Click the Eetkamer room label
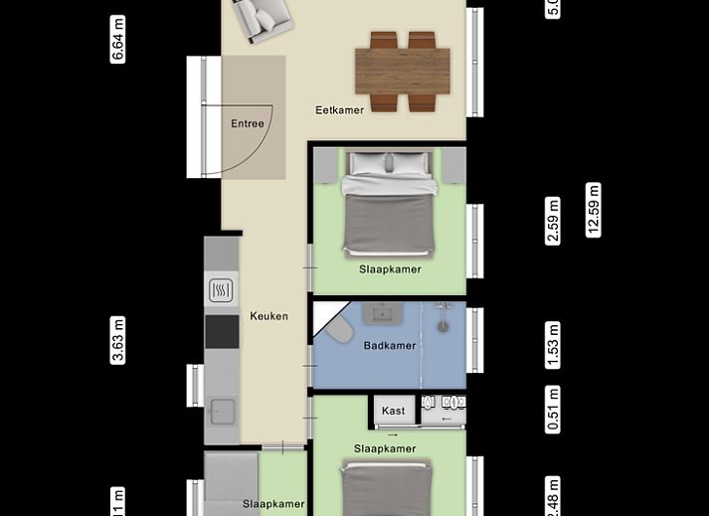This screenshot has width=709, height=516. [340, 110]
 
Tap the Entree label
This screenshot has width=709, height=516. [248, 124]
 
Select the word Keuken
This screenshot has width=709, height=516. [269, 316]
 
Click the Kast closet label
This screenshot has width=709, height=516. [393, 411]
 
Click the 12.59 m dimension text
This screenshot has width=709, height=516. [594, 209]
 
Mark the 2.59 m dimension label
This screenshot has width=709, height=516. [554, 221]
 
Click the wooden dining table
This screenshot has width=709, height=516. [404, 71]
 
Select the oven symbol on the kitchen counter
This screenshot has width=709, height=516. [221, 290]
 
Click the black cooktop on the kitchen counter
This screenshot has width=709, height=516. [222, 331]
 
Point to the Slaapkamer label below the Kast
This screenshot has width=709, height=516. [385, 449]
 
